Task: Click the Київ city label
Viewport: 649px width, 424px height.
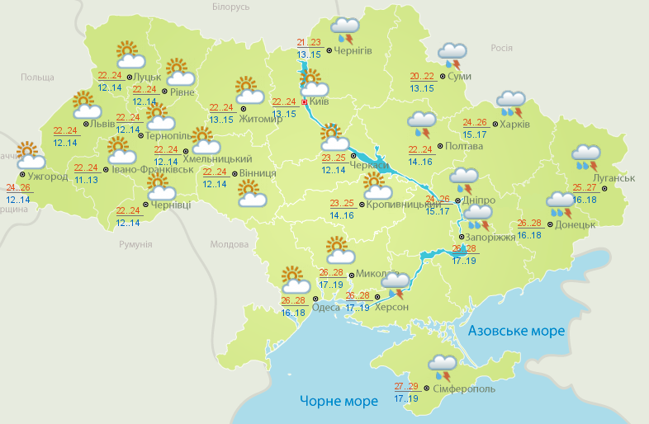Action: pyautogui.click(x=320, y=102)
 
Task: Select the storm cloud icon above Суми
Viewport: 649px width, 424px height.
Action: pyautogui.click(x=452, y=55)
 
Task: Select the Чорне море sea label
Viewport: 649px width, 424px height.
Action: pyautogui.click(x=339, y=401)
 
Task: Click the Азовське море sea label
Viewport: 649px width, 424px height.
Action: pyautogui.click(x=516, y=331)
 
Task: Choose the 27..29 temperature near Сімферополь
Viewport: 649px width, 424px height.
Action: pyautogui.click(x=406, y=386)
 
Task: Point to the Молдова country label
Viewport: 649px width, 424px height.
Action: pyautogui.click(x=229, y=245)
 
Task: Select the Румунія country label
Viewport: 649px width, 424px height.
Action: pyautogui.click(x=135, y=245)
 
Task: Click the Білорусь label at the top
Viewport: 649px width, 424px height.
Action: pyautogui.click(x=230, y=7)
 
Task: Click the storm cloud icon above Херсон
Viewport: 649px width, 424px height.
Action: pyautogui.click(x=395, y=285)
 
